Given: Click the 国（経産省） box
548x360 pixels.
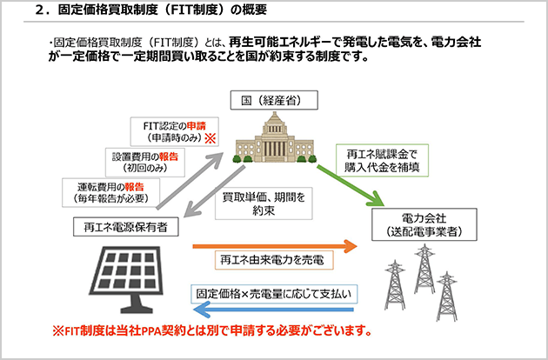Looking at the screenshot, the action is (274, 100).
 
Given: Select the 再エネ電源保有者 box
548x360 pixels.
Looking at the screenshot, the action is (126, 227).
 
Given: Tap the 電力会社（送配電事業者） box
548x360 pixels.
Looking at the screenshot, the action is (424, 224).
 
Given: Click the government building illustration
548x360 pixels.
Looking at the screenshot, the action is (274, 137).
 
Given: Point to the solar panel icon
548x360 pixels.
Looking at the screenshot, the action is (127, 278).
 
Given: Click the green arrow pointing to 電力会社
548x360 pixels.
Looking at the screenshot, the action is (351, 185).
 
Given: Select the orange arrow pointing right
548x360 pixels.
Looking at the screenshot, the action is (275, 246).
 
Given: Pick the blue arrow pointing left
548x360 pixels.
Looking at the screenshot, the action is (273, 310).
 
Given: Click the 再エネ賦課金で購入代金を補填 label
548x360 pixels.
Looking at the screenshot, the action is (382, 160).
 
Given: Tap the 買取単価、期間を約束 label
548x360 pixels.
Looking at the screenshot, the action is (264, 203).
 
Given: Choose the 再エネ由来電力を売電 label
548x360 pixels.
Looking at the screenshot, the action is (274, 260).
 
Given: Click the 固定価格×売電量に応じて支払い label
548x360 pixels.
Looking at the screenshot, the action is (274, 294).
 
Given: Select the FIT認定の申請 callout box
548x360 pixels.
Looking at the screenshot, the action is (174, 131).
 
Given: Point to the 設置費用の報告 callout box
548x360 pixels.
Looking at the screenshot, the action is (145, 163).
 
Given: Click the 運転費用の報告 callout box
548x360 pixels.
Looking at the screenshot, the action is (110, 192).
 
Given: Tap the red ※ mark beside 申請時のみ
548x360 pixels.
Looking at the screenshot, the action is (211, 138).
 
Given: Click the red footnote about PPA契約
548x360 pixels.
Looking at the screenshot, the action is (212, 330).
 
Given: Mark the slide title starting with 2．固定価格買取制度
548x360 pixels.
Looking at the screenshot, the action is (151, 10).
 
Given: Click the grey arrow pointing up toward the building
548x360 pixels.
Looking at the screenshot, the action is (190, 181).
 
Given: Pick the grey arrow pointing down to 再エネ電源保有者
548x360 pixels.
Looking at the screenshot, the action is (214, 191).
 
